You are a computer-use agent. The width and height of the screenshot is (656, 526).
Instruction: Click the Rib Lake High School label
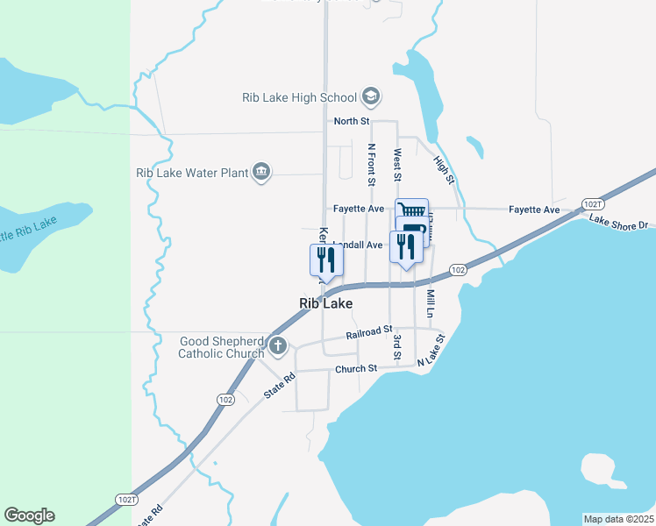(x=299, y=97)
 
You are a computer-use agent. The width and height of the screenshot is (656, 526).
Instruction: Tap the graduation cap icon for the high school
(x=371, y=96)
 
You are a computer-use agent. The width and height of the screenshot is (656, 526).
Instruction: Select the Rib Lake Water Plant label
(x=192, y=173)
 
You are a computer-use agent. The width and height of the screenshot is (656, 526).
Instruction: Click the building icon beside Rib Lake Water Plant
(x=260, y=173)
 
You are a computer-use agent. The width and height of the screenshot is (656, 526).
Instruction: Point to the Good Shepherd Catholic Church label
(x=220, y=347)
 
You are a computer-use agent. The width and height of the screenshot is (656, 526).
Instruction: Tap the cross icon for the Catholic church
(x=278, y=345)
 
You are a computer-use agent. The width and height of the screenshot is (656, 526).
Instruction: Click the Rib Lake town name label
(x=326, y=303)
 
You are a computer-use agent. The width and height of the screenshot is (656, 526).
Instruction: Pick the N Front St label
(x=372, y=165)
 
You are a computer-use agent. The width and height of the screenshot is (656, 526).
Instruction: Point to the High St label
(x=445, y=170)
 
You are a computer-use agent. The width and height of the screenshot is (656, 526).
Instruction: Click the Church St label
(x=355, y=369)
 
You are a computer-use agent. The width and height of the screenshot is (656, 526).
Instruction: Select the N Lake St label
(x=431, y=350)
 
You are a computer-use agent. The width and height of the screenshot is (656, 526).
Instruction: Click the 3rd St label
(x=397, y=346)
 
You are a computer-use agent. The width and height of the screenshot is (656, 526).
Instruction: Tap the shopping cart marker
(x=411, y=210)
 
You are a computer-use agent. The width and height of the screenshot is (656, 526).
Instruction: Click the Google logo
(x=29, y=515)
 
